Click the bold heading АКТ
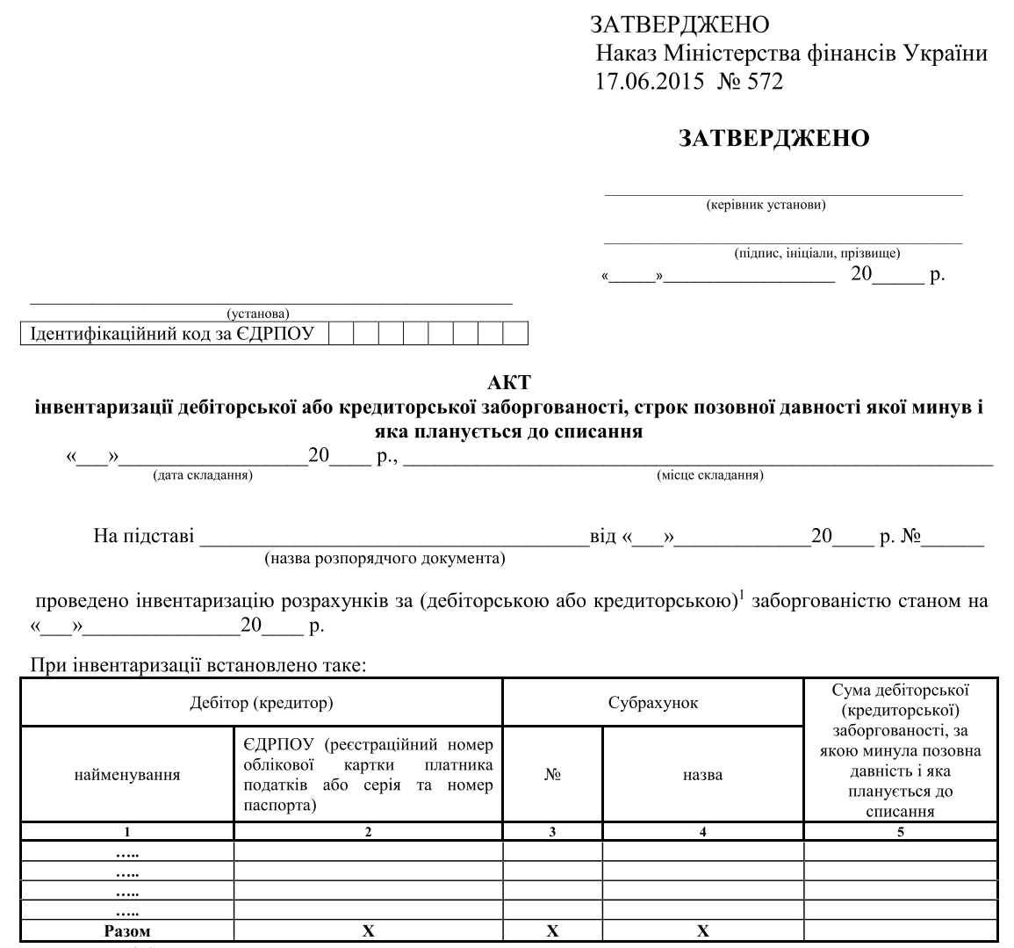tap(509, 383)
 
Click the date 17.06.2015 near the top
tap(650, 82)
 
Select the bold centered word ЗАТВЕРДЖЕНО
tap(773, 138)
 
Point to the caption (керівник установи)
tap(766, 206)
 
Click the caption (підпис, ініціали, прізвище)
tap(816, 253)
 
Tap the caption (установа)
tap(258, 313)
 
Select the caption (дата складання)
tap(203, 475)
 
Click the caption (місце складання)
tap(709, 475)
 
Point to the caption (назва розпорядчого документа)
tap(385, 558)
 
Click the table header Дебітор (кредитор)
tap(261, 703)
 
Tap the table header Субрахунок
tap(653, 703)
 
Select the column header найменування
tap(127, 775)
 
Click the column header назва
tap(702, 775)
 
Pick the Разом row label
tap(127, 931)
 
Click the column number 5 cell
tap(901, 833)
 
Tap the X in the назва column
tap(703, 931)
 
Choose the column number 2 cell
tap(368, 833)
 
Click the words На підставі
tap(144, 536)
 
